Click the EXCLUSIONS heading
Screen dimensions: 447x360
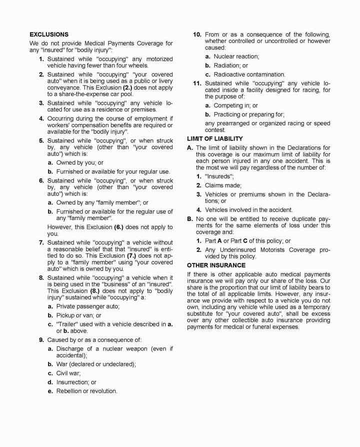pyautogui.click(x=49, y=34)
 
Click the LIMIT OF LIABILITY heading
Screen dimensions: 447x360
pyautogui.click(x=214, y=138)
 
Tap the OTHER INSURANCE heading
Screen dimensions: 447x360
pyautogui.click(x=216, y=265)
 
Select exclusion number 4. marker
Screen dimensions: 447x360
pyautogui.click(x=41, y=118)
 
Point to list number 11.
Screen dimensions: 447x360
pyautogui.click(x=197, y=83)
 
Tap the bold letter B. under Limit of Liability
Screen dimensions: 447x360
pyautogui.click(x=190, y=218)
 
